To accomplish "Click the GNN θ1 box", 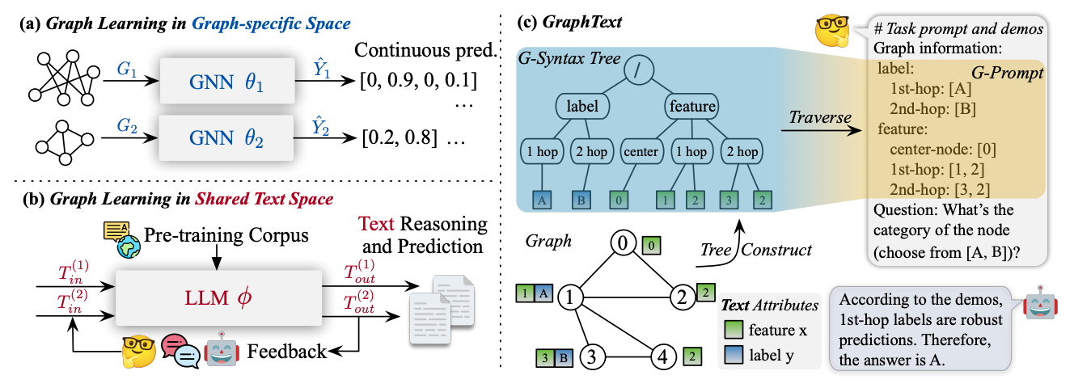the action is (x=226, y=82).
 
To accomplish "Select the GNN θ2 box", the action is (x=226, y=138).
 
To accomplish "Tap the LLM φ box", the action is (x=218, y=298).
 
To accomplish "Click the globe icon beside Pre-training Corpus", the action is (x=129, y=247).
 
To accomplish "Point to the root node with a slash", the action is (x=639, y=70).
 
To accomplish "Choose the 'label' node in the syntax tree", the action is (x=582, y=106).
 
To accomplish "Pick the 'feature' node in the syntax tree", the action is (x=692, y=106).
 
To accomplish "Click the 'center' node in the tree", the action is (x=641, y=152).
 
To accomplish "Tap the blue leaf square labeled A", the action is (x=542, y=200).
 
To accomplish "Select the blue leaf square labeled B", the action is (x=581, y=200).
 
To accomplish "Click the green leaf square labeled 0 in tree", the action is (x=619, y=200).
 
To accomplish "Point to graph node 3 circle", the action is (x=592, y=356).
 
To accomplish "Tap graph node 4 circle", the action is (x=663, y=356).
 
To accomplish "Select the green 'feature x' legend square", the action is (x=734, y=331).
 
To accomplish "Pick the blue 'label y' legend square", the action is (x=734, y=356).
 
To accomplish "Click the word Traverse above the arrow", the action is (x=820, y=117).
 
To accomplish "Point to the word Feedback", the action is (x=287, y=352).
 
